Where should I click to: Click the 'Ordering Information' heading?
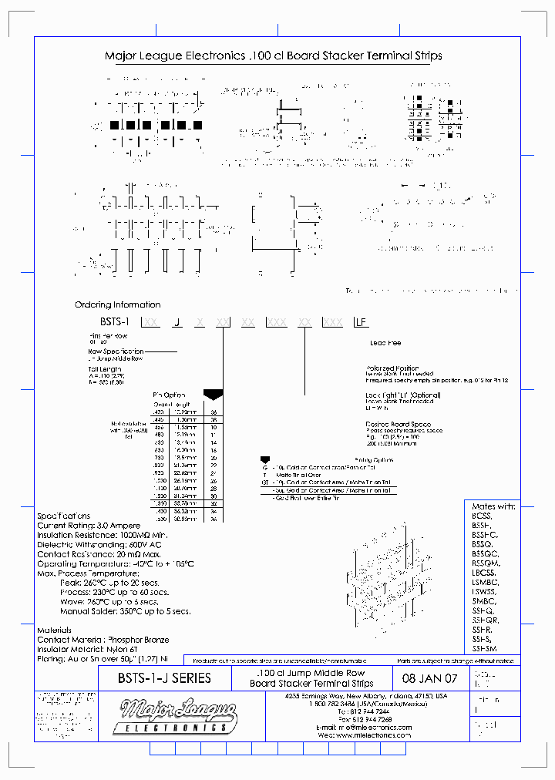pyautogui.click(x=117, y=304)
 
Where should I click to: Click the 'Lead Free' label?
pyautogui.click(x=385, y=343)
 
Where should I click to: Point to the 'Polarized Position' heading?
pyautogui.click(x=392, y=368)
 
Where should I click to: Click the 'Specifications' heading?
pyautogui.click(x=63, y=516)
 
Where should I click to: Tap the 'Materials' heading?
pyautogui.click(x=54, y=630)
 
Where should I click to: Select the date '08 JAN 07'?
pyautogui.click(x=430, y=679)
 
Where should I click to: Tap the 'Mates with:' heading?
pyautogui.click(x=493, y=506)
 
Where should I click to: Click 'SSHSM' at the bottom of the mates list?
pyautogui.click(x=486, y=648)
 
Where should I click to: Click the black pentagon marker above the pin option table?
pyautogui.click(x=213, y=394)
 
